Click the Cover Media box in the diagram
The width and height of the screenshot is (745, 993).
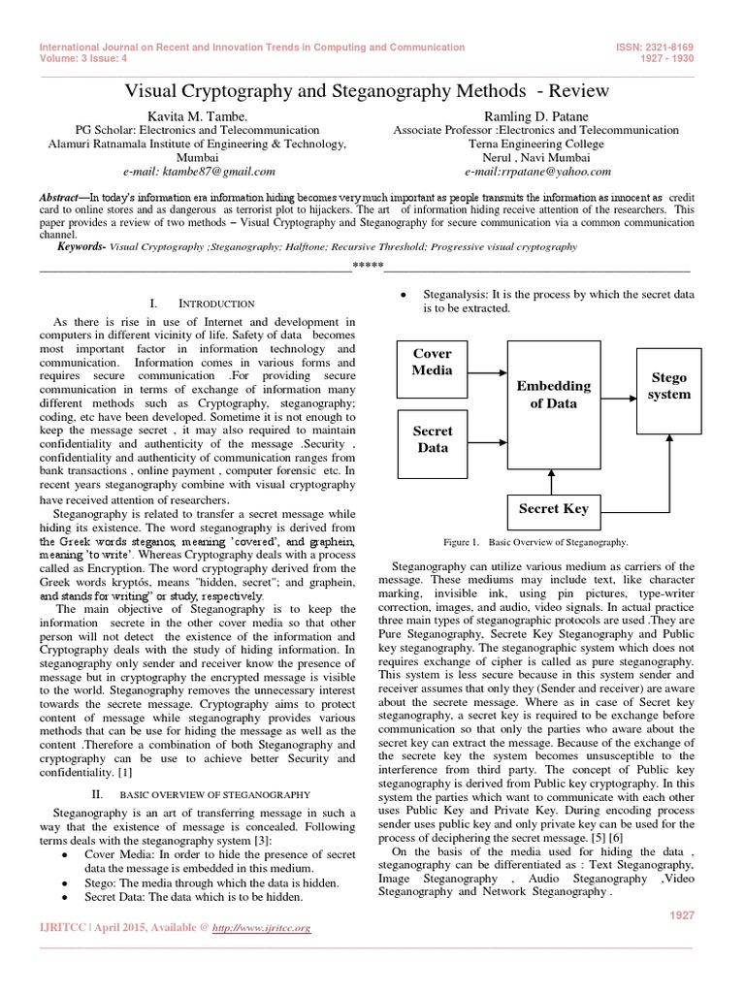click(x=433, y=362)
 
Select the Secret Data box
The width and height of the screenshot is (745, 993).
click(x=433, y=439)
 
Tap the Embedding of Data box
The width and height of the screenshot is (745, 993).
click(x=553, y=395)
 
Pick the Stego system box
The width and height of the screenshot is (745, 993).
click(x=669, y=385)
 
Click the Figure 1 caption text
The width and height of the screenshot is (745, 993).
click(x=534, y=543)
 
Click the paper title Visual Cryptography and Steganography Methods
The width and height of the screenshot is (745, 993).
click(x=368, y=91)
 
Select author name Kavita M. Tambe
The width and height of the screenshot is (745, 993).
click(x=184, y=115)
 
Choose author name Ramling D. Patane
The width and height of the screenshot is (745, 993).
click(x=536, y=115)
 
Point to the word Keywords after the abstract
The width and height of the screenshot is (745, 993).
click(x=81, y=247)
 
